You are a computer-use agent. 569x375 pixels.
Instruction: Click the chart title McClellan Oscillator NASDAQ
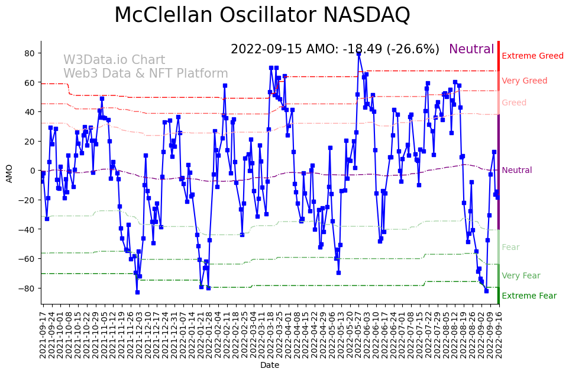coord(262,15)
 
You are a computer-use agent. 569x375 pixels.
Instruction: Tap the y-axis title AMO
coord(9,173)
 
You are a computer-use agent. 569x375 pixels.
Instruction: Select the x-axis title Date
coord(270,366)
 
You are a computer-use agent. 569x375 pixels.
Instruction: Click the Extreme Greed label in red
coord(532,56)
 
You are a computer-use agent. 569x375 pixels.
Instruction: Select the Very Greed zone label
coord(524,81)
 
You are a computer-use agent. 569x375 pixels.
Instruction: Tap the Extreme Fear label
coord(529,296)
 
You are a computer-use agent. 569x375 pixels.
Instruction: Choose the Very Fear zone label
coord(520,276)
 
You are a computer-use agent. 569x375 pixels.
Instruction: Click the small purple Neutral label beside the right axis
coord(516,171)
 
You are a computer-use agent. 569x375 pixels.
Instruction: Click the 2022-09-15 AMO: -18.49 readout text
coord(335,50)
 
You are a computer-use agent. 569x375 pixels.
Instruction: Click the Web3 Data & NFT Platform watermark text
coord(146,74)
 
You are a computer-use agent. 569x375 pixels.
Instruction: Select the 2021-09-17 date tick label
coord(43,334)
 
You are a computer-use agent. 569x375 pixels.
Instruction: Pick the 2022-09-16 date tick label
coord(498,334)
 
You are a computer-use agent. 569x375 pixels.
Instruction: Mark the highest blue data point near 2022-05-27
coord(358,53)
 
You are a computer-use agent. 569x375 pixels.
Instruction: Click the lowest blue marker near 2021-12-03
coord(137,292)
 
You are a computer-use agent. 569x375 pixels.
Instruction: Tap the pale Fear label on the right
coord(510,248)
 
